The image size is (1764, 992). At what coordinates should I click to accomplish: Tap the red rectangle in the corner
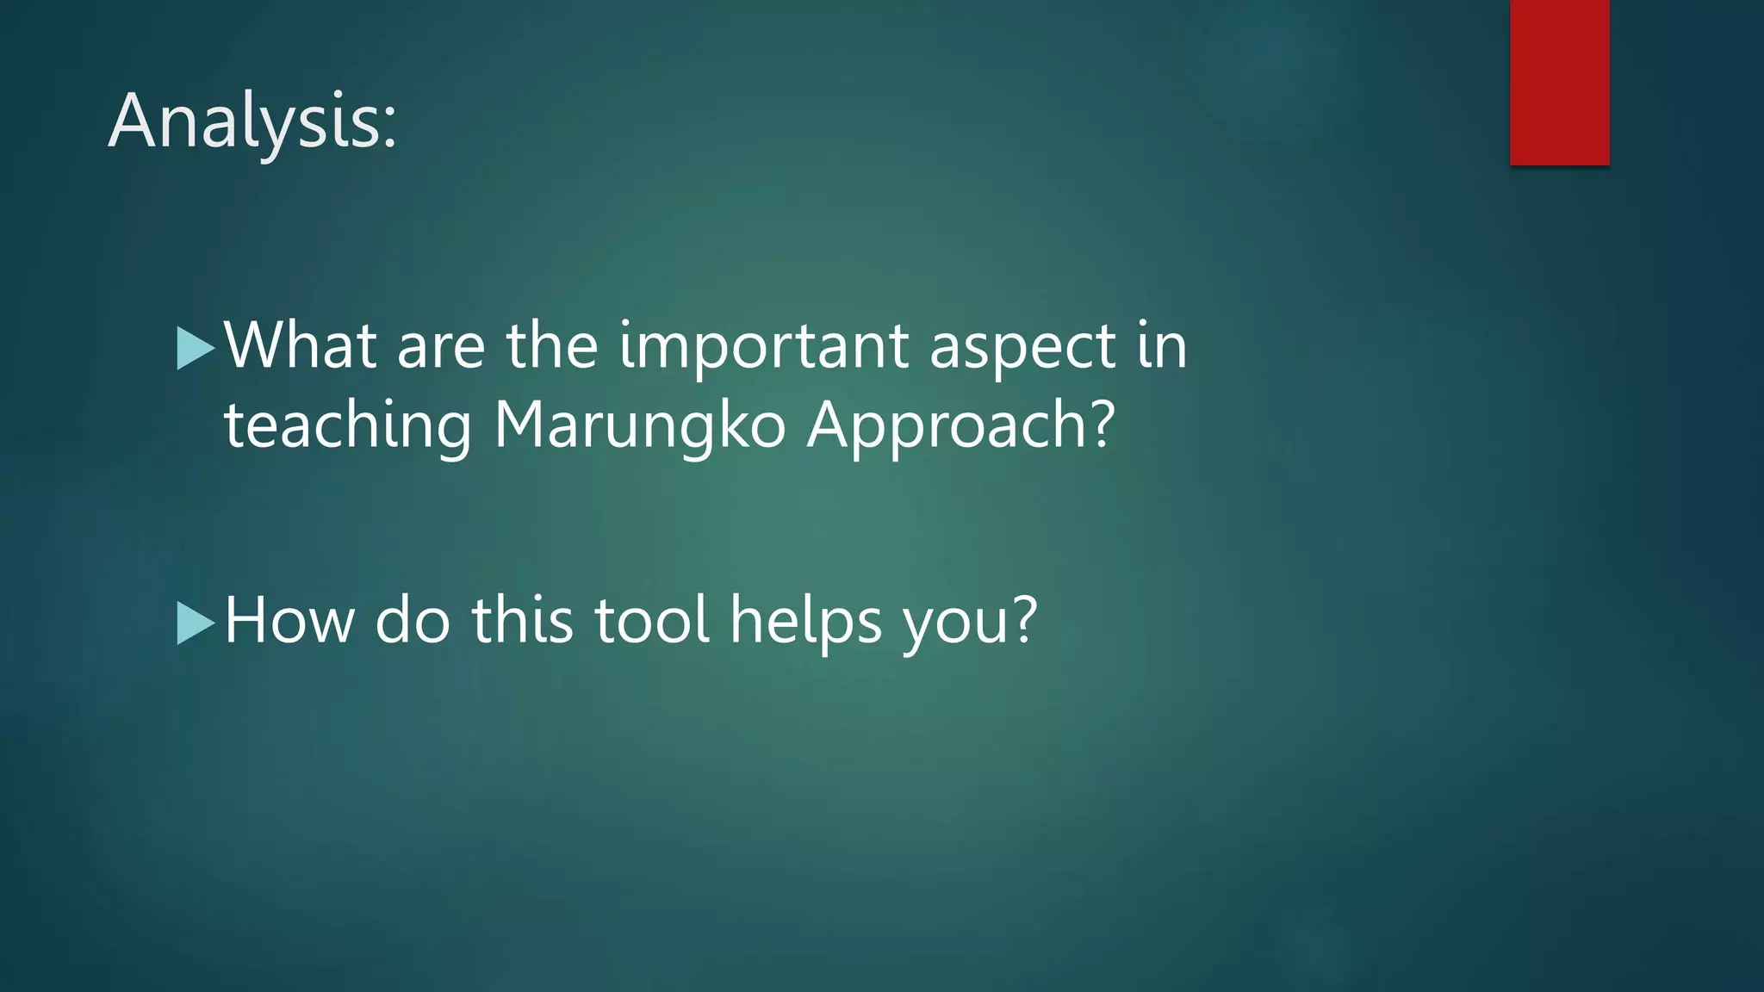tap(1559, 82)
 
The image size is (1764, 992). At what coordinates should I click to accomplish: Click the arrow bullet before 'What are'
tap(195, 348)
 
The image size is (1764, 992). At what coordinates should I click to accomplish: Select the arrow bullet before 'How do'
tap(195, 623)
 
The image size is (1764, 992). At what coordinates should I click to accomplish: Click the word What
tap(301, 345)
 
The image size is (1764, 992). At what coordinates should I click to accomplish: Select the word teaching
tap(348, 426)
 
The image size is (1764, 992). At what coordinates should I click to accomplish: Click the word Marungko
tap(639, 426)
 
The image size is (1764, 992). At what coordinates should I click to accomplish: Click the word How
tap(289, 620)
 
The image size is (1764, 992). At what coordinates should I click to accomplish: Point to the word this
tap(522, 620)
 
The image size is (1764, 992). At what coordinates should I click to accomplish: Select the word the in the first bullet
tap(551, 345)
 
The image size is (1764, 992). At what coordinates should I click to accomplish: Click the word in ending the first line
tap(1162, 345)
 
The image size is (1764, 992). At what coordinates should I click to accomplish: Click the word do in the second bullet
tap(413, 620)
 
